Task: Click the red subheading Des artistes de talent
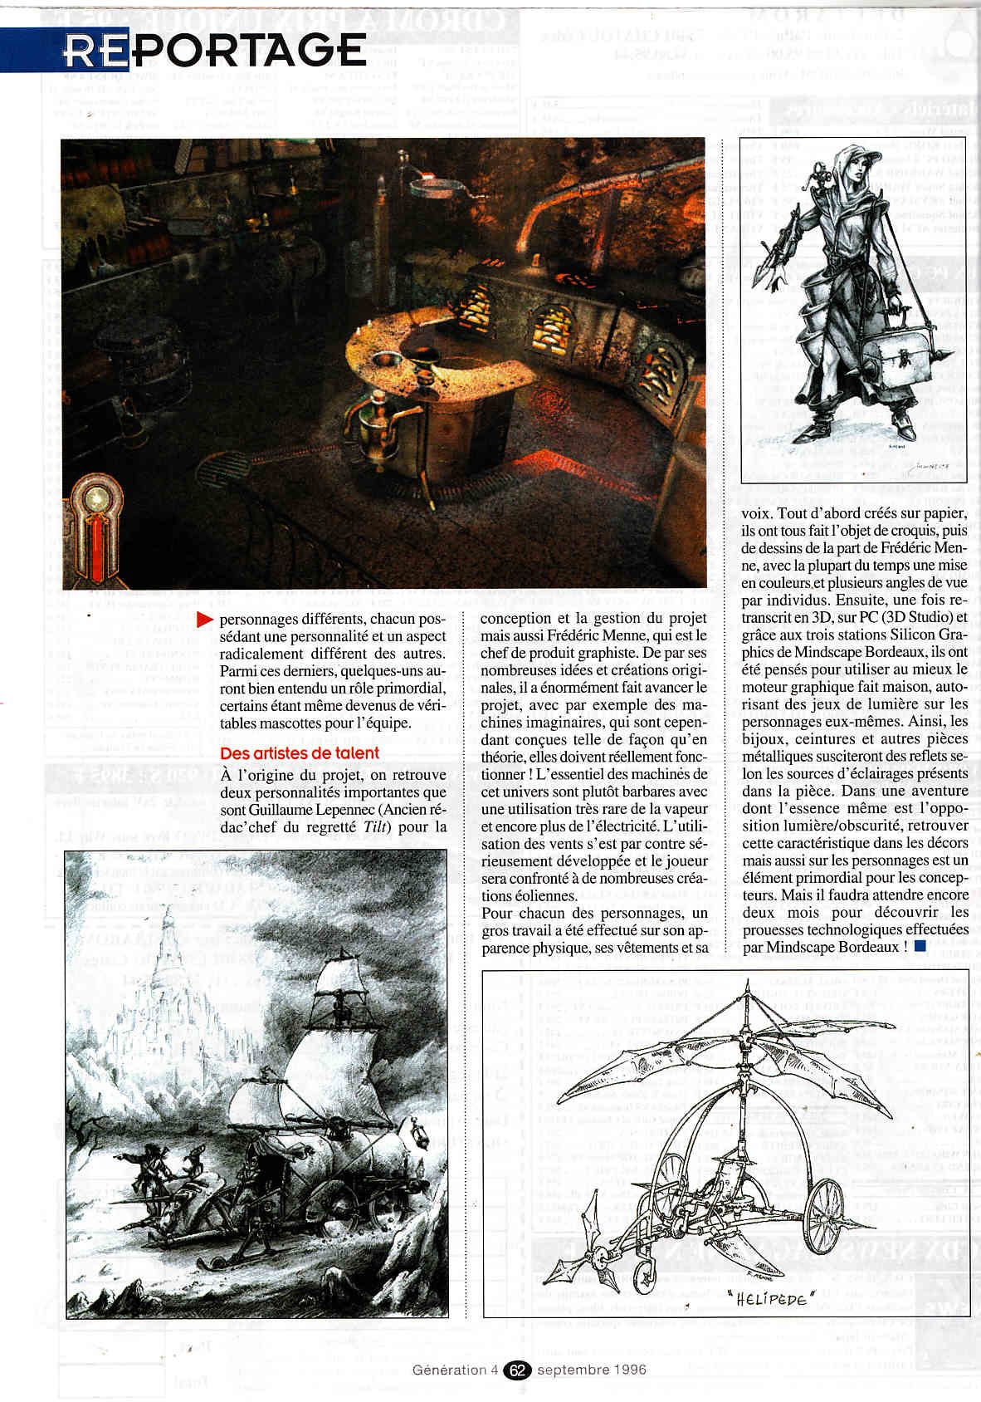300,752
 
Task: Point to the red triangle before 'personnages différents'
204,620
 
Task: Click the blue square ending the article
920,946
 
